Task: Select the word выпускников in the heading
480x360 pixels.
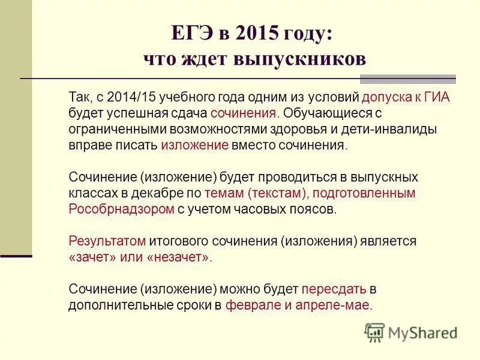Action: [307, 59]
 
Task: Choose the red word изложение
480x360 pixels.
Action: [194, 145]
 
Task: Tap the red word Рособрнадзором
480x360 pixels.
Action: [122, 209]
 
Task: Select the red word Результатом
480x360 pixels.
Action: [107, 241]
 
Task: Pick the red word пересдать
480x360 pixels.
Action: [332, 289]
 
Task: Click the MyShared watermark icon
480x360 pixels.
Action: [374, 332]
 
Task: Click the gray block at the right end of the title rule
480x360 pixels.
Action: [407, 79]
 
